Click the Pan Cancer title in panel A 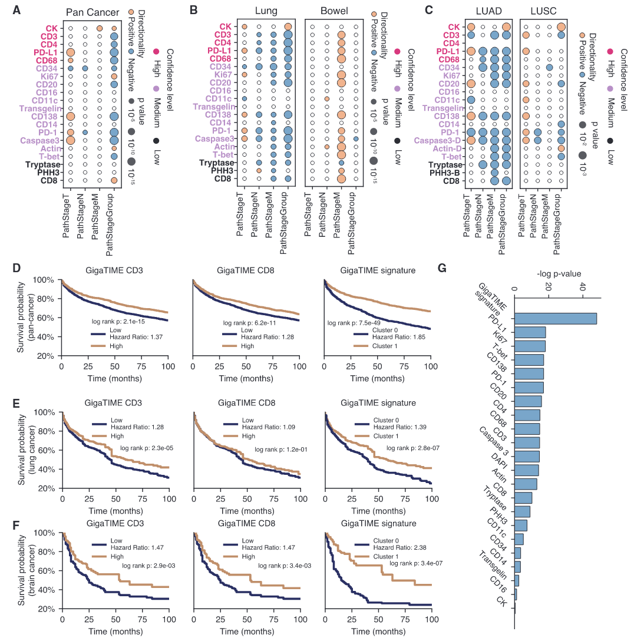pyautogui.click(x=92, y=12)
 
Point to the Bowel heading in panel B pyautogui.click(x=334, y=11)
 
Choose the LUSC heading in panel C pyautogui.click(x=544, y=11)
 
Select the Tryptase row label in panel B pyautogui.click(x=216, y=163)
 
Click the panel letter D pyautogui.click(x=16, y=269)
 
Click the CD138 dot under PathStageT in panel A pyautogui.click(x=70, y=117)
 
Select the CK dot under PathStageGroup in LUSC pyautogui.click(x=561, y=27)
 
